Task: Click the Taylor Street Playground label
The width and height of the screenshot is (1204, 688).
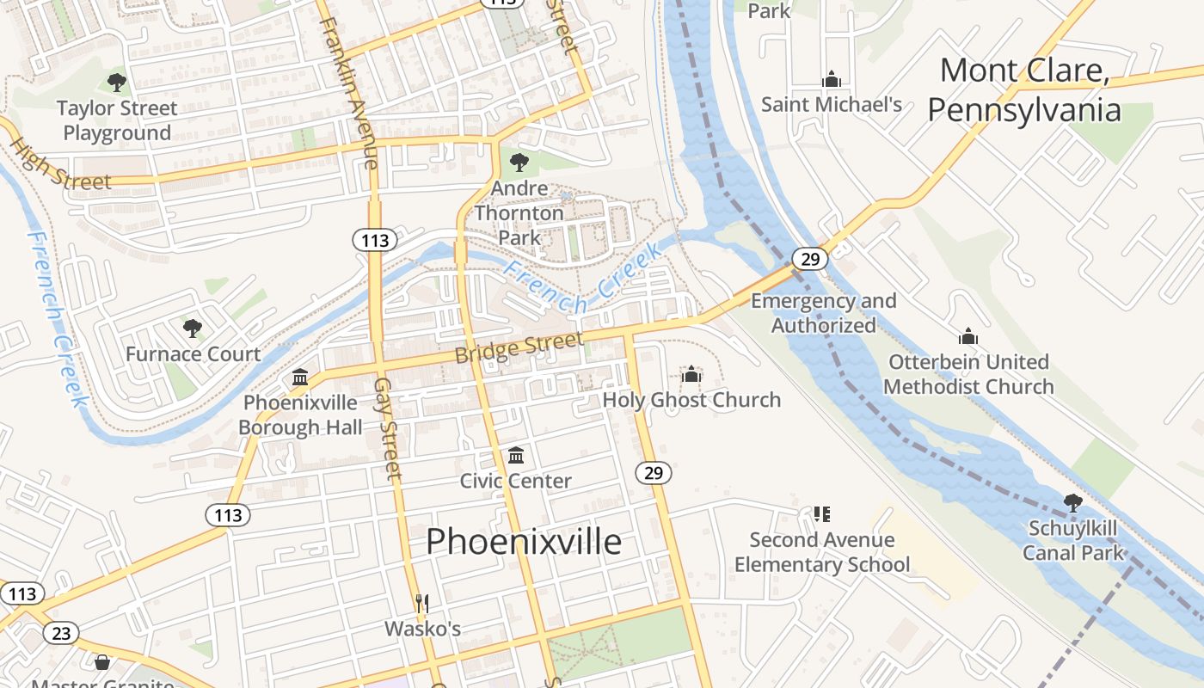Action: pyautogui.click(x=117, y=120)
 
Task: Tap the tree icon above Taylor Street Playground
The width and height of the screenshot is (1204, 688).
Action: pyautogui.click(x=117, y=83)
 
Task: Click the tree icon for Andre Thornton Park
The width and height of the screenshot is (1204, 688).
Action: pyautogui.click(x=519, y=162)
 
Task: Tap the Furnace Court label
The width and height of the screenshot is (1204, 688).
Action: pyautogui.click(x=193, y=354)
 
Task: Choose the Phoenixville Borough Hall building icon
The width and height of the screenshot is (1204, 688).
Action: pyautogui.click(x=300, y=378)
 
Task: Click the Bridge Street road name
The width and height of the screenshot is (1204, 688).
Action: pyautogui.click(x=519, y=347)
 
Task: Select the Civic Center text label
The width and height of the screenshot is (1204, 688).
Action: pyautogui.click(x=515, y=481)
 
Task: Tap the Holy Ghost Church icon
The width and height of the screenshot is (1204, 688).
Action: pyautogui.click(x=691, y=374)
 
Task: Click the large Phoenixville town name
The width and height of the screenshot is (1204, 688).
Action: pyautogui.click(x=523, y=542)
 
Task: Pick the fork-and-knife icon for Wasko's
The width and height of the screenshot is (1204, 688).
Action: pyautogui.click(x=422, y=604)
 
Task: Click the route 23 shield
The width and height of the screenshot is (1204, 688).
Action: pyautogui.click(x=60, y=634)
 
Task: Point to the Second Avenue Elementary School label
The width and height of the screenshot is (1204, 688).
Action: pyautogui.click(x=822, y=552)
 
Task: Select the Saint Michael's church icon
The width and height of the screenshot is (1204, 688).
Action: pyautogui.click(x=831, y=80)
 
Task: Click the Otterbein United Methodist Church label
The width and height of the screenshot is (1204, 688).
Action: pyautogui.click(x=968, y=374)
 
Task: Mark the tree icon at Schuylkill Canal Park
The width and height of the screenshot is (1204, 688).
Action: pyautogui.click(x=1072, y=503)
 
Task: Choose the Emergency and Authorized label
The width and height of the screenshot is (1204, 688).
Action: pyautogui.click(x=823, y=313)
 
